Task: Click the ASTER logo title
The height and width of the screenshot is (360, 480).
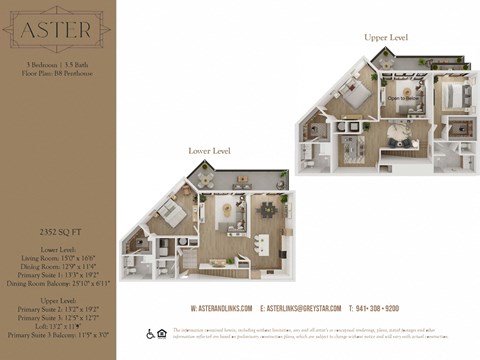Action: (57, 32)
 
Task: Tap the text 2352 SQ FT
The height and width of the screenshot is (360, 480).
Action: (57, 230)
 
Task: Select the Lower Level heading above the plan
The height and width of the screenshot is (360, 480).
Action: (210, 151)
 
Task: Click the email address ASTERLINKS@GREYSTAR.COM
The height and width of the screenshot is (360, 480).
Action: (301, 308)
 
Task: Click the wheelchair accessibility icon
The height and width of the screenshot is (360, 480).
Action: (150, 333)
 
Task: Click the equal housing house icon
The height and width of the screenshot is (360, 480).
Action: (163, 333)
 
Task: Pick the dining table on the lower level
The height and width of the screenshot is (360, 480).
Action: (269, 212)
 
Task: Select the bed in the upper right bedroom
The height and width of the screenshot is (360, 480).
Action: (453, 96)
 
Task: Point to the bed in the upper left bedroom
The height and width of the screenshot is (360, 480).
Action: (358, 97)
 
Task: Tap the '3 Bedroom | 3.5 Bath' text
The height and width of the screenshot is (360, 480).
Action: (57, 64)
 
